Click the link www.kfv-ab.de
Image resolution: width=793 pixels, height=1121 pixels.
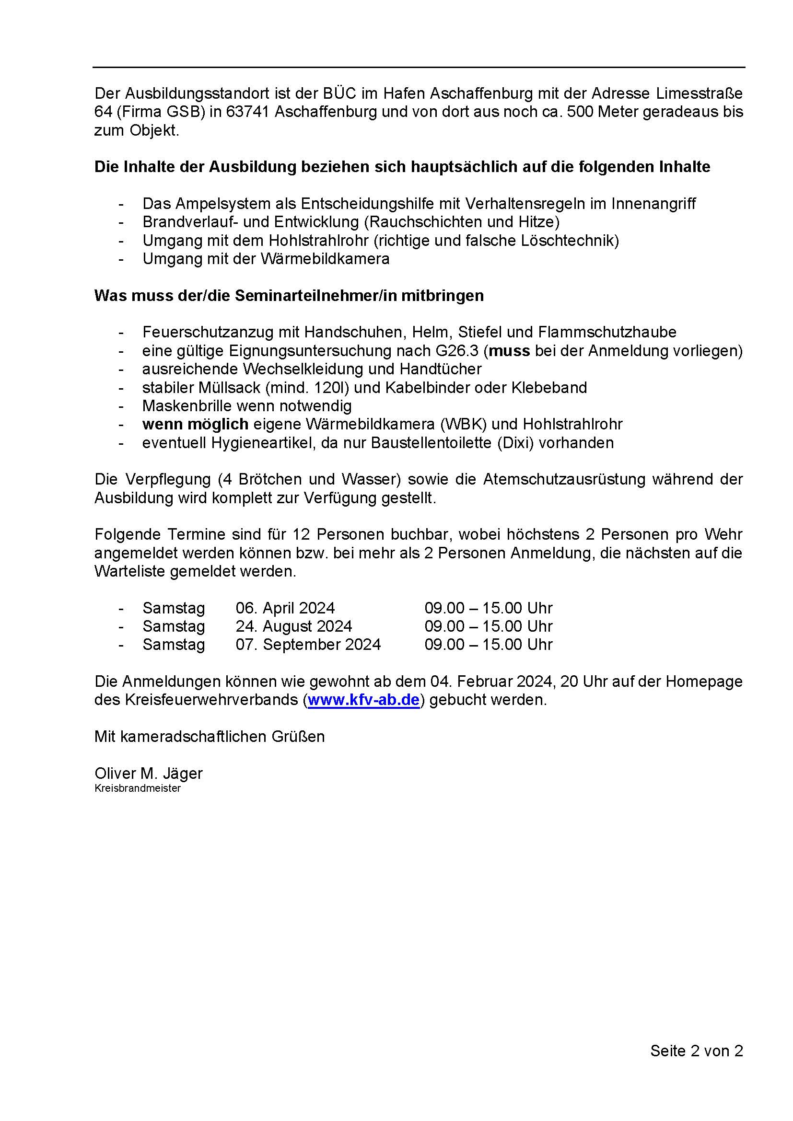point(364,700)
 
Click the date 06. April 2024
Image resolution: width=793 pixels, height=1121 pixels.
point(285,608)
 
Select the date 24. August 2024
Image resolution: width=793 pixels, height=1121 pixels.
point(293,626)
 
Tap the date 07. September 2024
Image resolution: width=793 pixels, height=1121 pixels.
point(308,645)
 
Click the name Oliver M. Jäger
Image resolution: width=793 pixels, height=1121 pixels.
point(149,773)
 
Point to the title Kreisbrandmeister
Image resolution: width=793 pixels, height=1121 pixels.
point(137,788)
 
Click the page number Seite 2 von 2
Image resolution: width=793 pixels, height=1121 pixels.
point(696,1051)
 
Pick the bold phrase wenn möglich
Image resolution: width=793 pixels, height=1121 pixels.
point(195,424)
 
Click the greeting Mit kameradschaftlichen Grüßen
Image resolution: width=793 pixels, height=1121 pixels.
point(210,736)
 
